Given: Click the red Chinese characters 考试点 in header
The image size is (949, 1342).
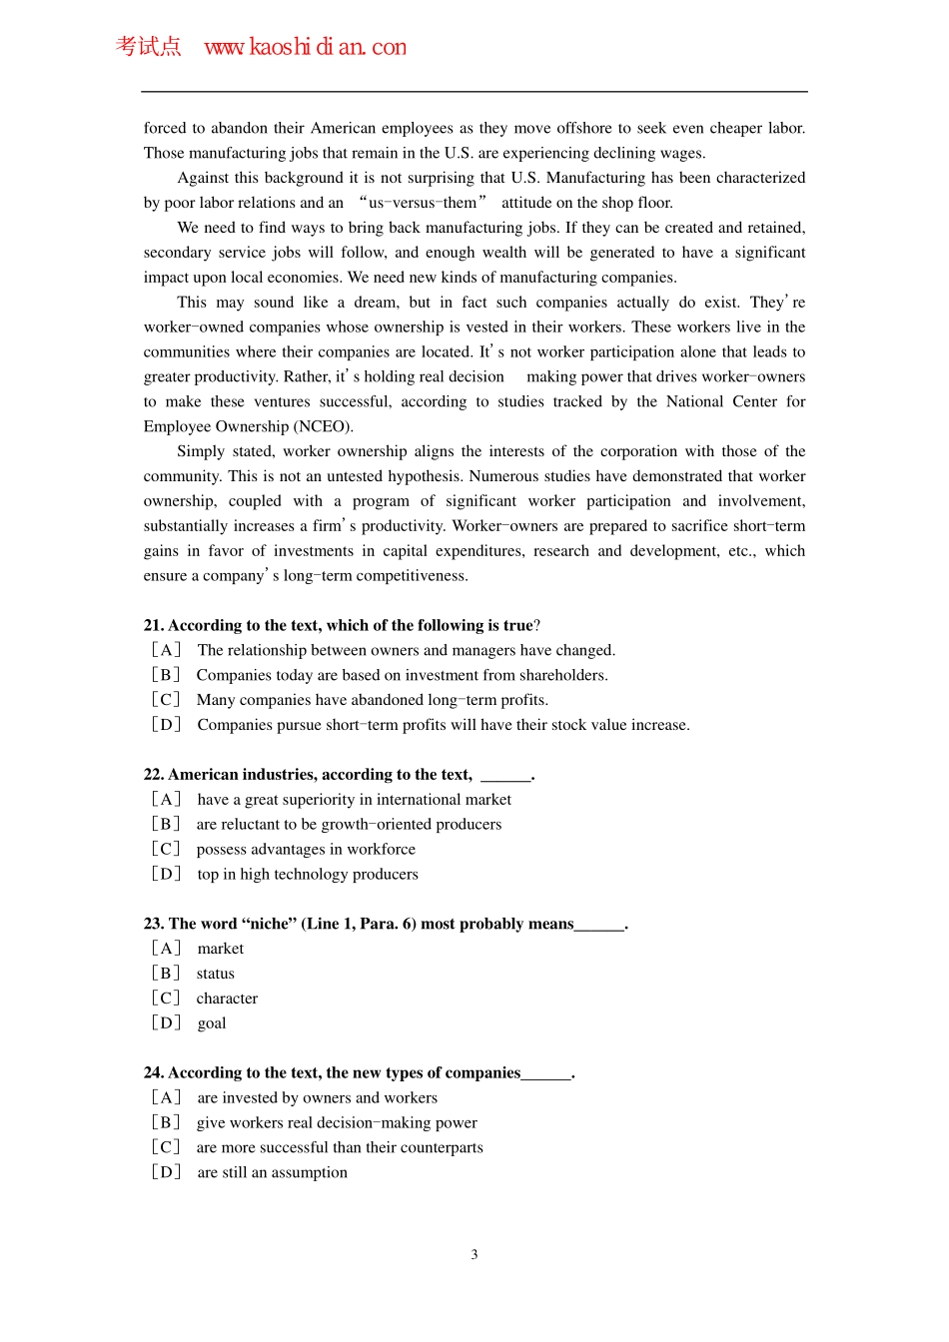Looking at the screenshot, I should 148,46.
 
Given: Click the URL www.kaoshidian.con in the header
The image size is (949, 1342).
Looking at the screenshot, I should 305,47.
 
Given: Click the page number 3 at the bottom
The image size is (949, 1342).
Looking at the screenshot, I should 474,1254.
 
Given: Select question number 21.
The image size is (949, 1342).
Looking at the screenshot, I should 154,625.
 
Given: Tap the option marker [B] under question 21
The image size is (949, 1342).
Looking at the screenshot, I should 166,675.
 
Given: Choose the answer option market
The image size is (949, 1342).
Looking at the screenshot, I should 221,949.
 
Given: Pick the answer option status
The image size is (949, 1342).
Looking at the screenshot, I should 216,974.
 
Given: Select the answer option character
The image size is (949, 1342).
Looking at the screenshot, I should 227,999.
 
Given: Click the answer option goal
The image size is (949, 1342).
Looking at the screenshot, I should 212,1023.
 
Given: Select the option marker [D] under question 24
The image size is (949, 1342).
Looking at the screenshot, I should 166,1172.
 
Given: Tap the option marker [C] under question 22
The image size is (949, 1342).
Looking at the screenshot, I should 166,849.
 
